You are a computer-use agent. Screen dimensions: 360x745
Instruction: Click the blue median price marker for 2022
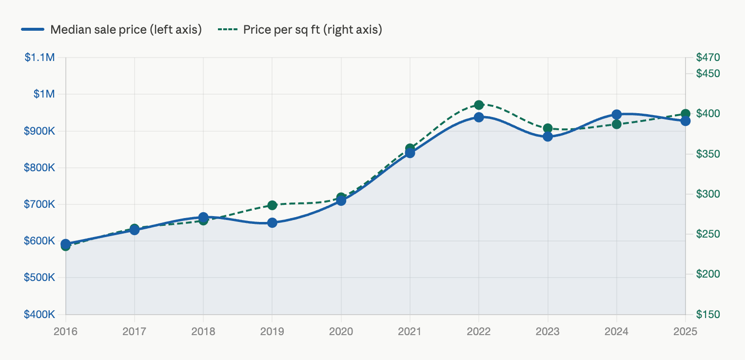click(479, 117)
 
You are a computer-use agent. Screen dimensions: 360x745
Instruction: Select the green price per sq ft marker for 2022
click(479, 105)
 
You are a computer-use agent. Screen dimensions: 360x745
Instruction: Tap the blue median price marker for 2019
click(272, 222)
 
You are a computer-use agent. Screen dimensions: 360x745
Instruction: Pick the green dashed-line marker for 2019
click(272, 205)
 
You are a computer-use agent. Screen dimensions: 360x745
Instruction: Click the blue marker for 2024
click(617, 115)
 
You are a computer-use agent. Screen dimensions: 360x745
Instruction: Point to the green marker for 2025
click(686, 114)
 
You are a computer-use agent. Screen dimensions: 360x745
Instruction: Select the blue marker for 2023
click(548, 137)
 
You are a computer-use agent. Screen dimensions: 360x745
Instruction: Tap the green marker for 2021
click(410, 148)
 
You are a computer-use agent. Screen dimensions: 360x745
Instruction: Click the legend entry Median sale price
click(112, 30)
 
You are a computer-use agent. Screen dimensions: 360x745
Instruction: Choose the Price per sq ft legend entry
click(300, 30)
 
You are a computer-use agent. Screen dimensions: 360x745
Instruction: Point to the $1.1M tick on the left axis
click(39, 58)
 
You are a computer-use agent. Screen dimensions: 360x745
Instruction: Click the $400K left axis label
click(39, 315)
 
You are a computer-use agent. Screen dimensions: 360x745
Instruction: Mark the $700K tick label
click(39, 204)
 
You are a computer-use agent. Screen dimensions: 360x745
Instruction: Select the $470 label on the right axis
click(708, 58)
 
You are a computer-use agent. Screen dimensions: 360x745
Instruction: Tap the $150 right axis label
click(708, 315)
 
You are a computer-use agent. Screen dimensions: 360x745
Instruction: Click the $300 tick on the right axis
click(708, 194)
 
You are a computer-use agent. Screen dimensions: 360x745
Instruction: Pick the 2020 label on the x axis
click(341, 332)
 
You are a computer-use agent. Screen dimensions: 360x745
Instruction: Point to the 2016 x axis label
click(65, 332)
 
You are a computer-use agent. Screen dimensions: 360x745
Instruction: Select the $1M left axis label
click(44, 94)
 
